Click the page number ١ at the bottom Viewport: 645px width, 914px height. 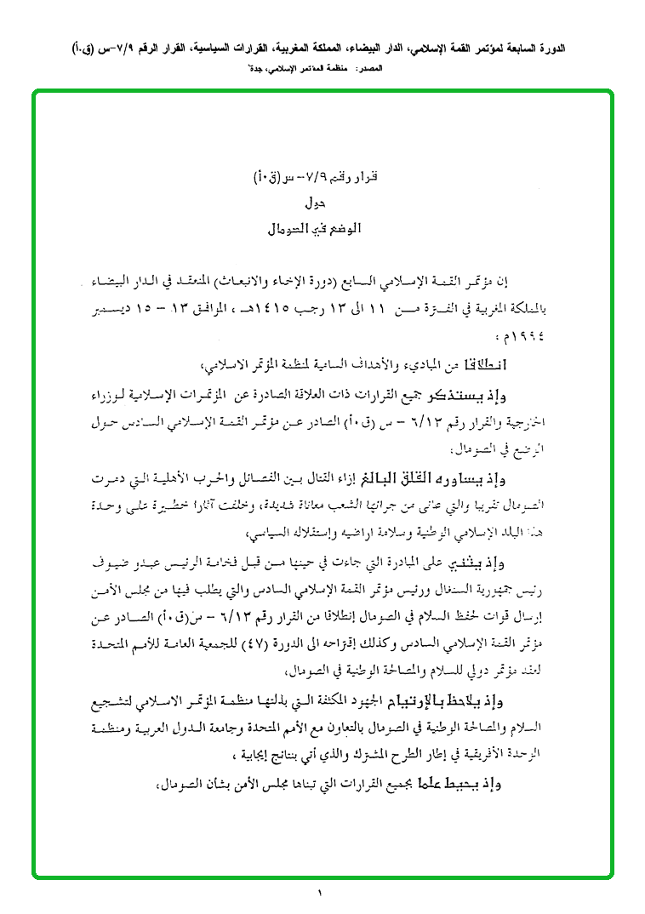[322, 893]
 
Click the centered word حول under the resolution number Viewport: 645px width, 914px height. [314, 204]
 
